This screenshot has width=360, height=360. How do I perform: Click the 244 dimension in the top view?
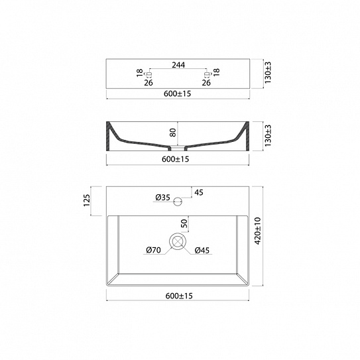(x=178, y=65)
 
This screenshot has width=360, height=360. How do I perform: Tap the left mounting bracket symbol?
(x=148, y=74)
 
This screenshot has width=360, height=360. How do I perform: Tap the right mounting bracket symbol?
(x=208, y=74)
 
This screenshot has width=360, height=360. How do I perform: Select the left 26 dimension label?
(x=149, y=83)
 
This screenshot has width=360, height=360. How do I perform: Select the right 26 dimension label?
(x=206, y=83)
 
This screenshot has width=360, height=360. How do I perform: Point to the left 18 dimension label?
(x=140, y=73)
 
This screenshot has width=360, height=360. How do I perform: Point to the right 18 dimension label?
(x=217, y=72)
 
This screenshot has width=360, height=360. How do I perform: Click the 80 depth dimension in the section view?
(x=173, y=133)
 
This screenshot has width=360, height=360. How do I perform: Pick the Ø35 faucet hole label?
(x=162, y=198)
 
